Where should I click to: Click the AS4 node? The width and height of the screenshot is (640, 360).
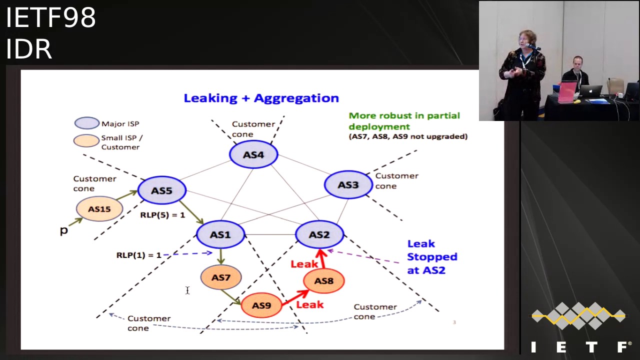click(253, 154)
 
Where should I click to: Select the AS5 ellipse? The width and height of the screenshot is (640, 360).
click(161, 190)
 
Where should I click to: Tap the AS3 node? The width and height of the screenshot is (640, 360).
click(348, 185)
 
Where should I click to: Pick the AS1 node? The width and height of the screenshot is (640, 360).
click(220, 234)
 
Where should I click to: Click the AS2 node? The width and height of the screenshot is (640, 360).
click(319, 234)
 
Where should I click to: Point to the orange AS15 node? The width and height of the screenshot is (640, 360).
click(99, 209)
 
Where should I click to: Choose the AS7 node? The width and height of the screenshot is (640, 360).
click(220, 277)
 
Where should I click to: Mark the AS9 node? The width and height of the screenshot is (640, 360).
click(261, 305)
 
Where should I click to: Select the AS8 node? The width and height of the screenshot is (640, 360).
click(323, 281)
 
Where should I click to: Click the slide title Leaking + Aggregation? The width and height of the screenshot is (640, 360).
click(261, 98)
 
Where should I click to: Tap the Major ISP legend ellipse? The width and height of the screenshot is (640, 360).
click(87, 123)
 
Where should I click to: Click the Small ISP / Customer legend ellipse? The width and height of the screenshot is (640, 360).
click(86, 141)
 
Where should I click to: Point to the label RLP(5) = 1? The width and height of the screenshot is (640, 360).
click(162, 215)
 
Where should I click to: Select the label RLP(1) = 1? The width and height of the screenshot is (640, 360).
click(139, 255)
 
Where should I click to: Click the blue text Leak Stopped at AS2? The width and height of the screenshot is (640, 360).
click(432, 256)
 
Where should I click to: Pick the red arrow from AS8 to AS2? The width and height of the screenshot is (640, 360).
click(321, 258)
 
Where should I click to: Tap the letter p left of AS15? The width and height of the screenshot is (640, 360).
click(63, 230)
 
